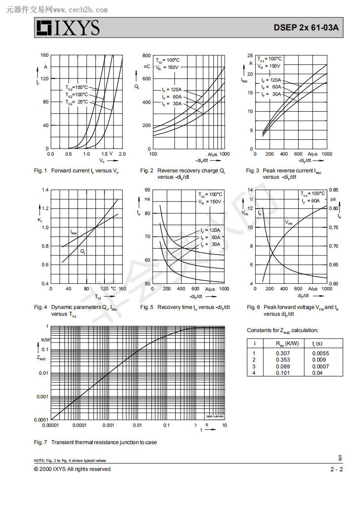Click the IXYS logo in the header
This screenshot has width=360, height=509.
tap(68, 28)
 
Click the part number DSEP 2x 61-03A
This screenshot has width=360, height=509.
tap(306, 27)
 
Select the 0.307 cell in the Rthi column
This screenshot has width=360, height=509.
tap(282, 353)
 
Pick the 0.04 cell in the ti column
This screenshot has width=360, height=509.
tap(317, 372)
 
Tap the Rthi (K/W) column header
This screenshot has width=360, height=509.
tap(287, 343)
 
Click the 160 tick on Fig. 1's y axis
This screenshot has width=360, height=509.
tap(44, 55)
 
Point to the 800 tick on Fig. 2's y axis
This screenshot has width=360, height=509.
tap(146, 55)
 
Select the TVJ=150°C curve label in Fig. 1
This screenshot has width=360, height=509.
tap(76, 87)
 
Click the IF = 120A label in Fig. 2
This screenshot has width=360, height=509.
tap(172, 89)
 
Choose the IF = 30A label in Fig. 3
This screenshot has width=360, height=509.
tap(271, 94)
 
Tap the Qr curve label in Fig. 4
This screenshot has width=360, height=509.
tap(83, 251)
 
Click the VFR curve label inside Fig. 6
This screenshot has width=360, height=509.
tap(289, 222)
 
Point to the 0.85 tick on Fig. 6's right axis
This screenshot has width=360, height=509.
tap(334, 190)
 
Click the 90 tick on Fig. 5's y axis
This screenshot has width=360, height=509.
tap(147, 190)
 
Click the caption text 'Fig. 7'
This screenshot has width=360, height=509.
tap(40, 442)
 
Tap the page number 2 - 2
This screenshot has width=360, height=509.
tap(336, 469)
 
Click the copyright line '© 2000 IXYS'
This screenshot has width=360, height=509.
tap(72, 469)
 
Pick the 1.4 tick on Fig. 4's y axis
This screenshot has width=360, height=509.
tap(44, 190)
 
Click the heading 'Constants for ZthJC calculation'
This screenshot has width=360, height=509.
tap(282, 330)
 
